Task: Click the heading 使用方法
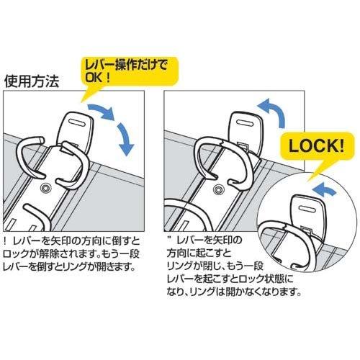pyautogui.click(x=32, y=81)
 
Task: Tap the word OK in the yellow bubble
pyautogui.click(x=94, y=77)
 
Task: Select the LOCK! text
pyautogui.click(x=316, y=146)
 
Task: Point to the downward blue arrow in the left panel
pyautogui.click(x=125, y=139)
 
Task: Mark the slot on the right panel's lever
pyautogui.click(x=245, y=122)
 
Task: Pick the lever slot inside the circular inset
pyautogui.click(x=309, y=210)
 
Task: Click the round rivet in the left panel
pyautogui.click(x=44, y=189)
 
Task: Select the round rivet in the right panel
pyautogui.click(x=218, y=189)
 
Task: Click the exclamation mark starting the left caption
pyautogui.click(x=6, y=240)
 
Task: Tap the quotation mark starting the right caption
pyautogui.click(x=171, y=238)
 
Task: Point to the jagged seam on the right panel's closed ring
pyautogui.click(x=222, y=143)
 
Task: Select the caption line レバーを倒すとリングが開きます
pyautogui.click(x=69, y=266)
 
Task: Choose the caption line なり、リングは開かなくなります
pyautogui.click(x=234, y=292)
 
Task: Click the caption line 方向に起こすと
pyautogui.click(x=199, y=253)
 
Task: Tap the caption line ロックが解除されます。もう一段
pyautogui.click(x=71, y=253)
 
